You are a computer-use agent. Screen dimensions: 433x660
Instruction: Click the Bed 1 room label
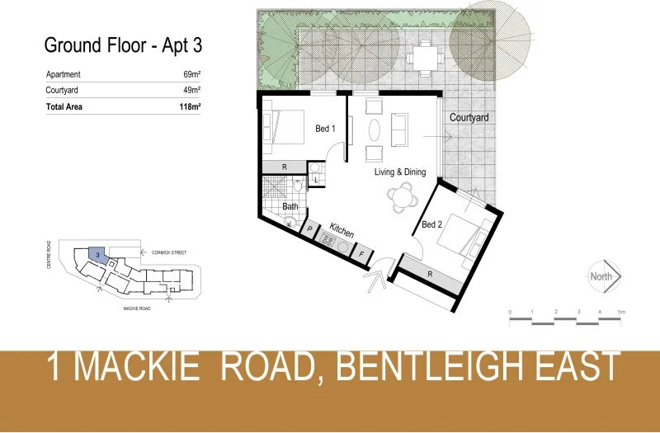pos(326,129)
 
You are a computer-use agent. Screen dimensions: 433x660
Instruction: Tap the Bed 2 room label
pos(432,224)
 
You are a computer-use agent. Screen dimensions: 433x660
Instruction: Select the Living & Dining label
pos(400,172)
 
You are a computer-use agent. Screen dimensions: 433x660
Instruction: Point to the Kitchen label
pos(342,231)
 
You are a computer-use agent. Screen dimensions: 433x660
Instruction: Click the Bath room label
pos(290,206)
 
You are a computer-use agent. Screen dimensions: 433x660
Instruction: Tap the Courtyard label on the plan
pos(469,118)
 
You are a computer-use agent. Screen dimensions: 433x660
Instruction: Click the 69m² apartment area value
pos(192,74)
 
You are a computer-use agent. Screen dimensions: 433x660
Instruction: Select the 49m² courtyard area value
pos(192,90)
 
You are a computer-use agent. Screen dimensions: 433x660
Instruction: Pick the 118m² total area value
pos(191,106)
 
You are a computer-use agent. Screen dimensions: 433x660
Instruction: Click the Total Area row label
pos(64,106)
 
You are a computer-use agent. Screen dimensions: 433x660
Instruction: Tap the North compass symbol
pos(602,277)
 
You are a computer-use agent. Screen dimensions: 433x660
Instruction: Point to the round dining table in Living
pos(402,196)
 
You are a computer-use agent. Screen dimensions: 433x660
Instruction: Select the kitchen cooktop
pos(328,242)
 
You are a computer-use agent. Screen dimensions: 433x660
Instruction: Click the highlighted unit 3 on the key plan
pos(97,256)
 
